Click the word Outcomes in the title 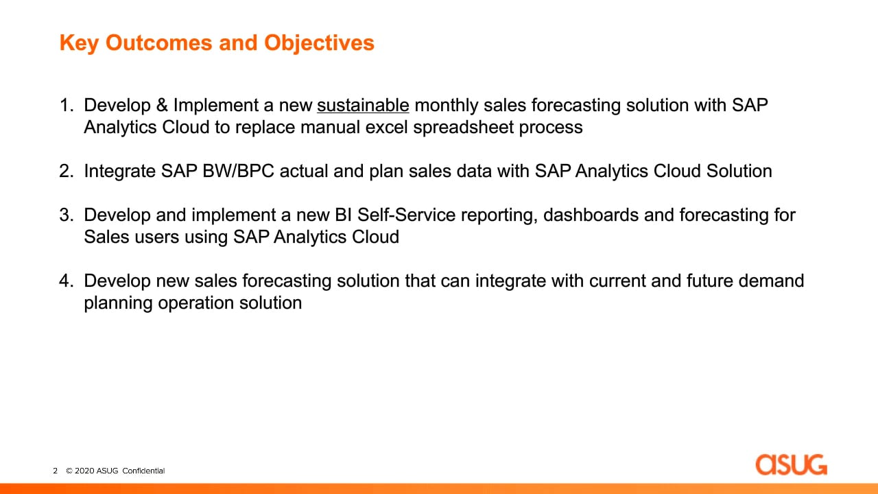158,43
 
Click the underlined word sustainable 363,105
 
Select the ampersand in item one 162,105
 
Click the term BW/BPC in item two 238,171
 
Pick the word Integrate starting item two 119,172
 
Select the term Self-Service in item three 406,215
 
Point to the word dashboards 591,215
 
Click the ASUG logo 791,464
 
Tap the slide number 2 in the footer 56,471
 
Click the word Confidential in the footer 143,471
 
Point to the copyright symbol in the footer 69,471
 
